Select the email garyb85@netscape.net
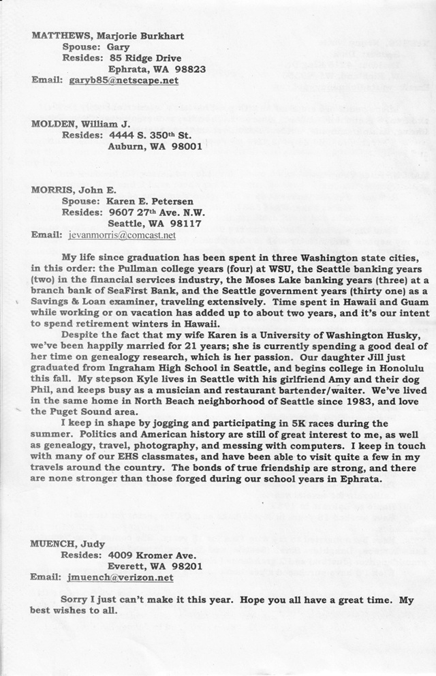(123, 80)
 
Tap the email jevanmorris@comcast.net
(122, 234)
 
